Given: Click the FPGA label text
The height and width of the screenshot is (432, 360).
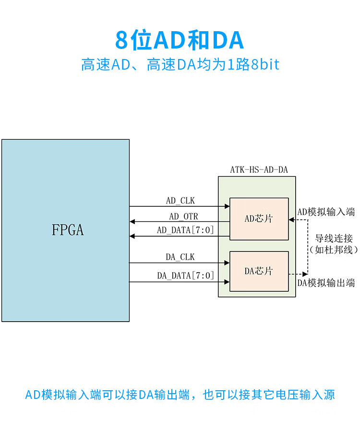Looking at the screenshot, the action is [68, 230].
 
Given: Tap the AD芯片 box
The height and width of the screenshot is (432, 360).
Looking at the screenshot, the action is [259, 219].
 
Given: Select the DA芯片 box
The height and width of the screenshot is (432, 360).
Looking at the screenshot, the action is [259, 271].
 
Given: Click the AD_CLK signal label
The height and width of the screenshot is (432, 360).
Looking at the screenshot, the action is [180, 201].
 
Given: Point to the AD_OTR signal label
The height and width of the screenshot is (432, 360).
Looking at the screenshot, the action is [183, 216].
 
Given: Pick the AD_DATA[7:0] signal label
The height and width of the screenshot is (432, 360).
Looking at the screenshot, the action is [185, 230].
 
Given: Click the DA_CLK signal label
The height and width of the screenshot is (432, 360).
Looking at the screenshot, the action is [180, 257].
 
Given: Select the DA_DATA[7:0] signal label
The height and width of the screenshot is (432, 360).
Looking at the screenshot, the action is [185, 276].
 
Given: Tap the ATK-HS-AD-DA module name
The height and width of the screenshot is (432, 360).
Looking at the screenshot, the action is [259, 169].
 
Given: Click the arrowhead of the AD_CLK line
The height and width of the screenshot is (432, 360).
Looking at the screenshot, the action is [227, 206].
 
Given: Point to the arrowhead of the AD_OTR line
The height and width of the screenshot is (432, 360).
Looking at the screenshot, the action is [132, 221].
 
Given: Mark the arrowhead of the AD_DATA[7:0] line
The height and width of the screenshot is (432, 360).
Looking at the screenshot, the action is [132, 236].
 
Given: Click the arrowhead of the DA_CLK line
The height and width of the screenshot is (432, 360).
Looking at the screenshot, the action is [227, 263].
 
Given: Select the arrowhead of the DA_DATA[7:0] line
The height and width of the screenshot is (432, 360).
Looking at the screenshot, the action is [227, 282].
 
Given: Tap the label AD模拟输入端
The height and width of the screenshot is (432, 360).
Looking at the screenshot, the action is [326, 212].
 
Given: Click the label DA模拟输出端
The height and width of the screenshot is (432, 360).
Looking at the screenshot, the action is [326, 283].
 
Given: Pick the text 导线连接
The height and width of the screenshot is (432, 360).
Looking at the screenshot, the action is [334, 238].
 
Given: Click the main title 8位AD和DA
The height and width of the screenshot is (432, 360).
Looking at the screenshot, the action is [180, 40].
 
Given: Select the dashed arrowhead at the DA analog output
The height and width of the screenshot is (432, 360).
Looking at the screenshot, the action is [305, 274].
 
